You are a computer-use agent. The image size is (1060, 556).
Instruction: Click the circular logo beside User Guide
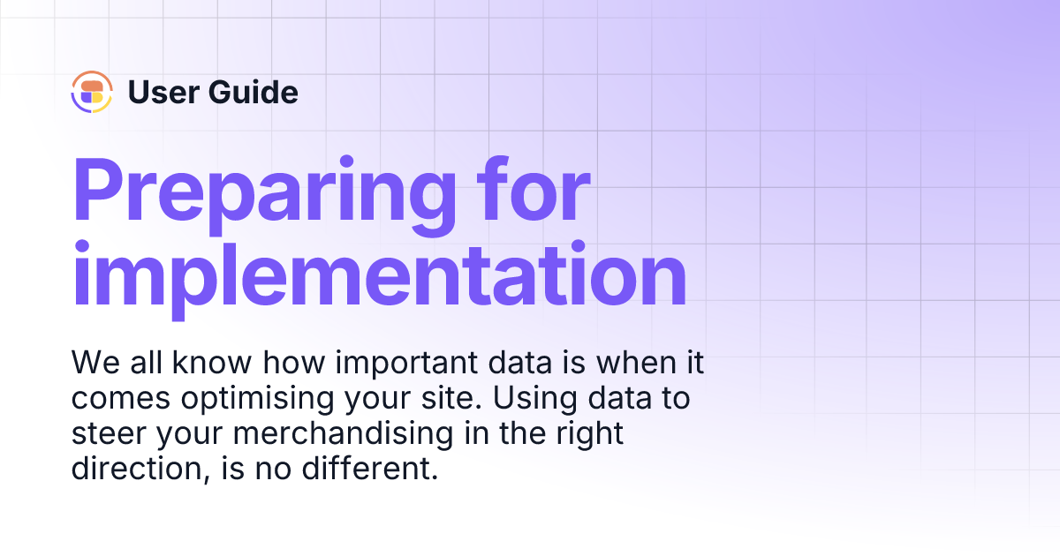(92, 92)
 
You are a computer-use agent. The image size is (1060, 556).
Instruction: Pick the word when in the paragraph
(624, 363)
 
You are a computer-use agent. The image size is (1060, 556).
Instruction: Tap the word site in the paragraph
(447, 398)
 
